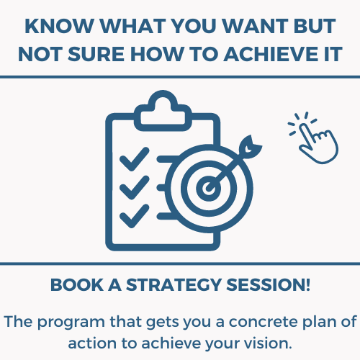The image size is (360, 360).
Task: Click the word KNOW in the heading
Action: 59,26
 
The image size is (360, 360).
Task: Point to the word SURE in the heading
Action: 96,54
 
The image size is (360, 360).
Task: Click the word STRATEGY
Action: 174,285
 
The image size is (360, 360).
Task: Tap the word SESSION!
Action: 269,285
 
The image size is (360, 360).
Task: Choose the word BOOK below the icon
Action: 77,285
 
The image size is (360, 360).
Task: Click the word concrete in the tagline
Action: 264,322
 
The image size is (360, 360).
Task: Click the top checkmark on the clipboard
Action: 135,159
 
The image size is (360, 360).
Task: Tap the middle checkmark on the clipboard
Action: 135,187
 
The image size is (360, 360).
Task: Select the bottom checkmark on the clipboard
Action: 135,216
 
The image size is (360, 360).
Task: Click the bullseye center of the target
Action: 208,188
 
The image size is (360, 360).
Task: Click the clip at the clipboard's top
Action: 163,111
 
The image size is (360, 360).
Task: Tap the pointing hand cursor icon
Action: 314,138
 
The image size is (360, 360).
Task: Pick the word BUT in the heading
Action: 315,26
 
